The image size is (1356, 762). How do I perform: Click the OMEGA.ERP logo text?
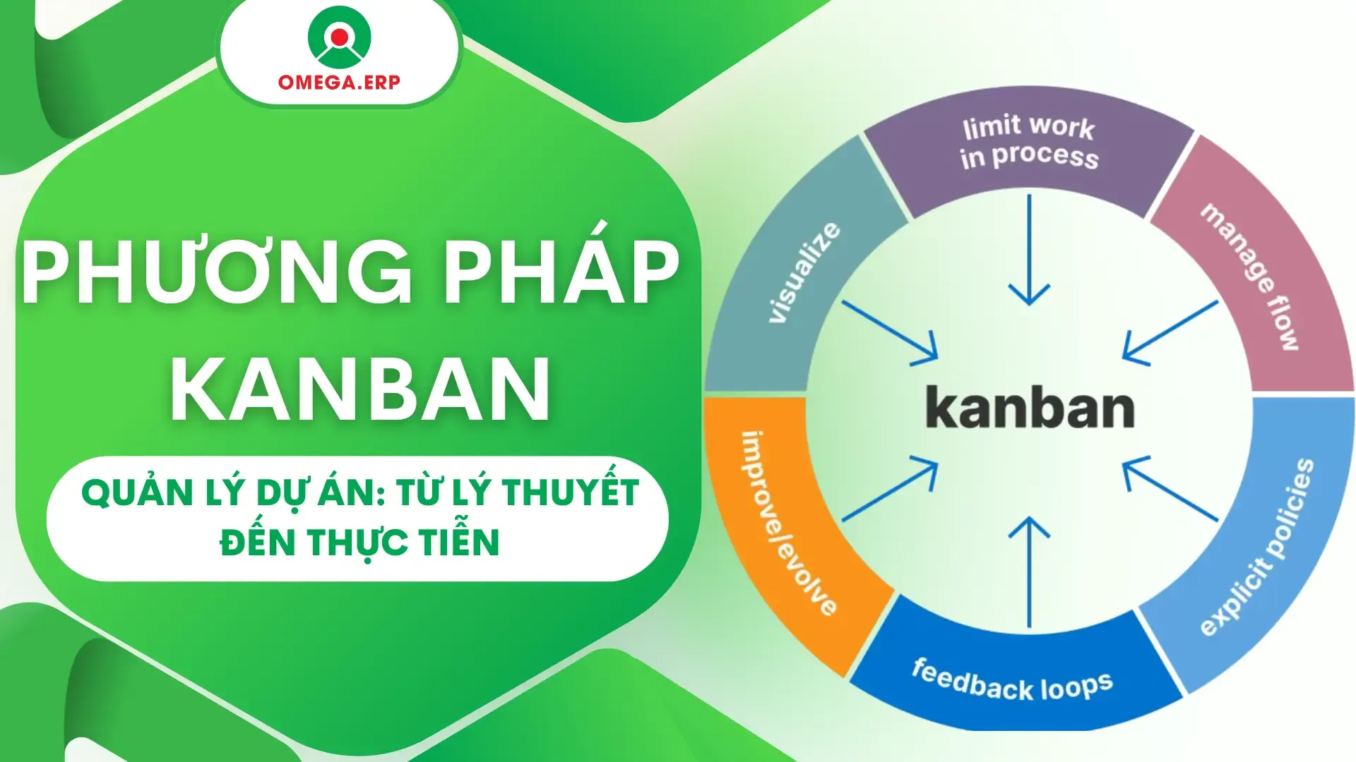coord(339,82)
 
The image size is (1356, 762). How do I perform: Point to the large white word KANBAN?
coord(360,388)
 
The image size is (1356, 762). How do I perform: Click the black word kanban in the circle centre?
coord(1029,409)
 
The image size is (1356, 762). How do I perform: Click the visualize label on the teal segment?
coord(805,273)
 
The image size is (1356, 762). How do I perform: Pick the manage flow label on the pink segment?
coord(1251,276)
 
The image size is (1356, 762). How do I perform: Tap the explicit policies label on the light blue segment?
coord(1257,547)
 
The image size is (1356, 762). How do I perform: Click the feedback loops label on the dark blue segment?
coord(1012,680)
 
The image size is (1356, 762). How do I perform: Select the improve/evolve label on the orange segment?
coord(787,522)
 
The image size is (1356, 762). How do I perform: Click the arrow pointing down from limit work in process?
coord(1029,250)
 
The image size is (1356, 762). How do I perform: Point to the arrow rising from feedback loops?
coord(1029,571)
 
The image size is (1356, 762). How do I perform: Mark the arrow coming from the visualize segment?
coord(890,331)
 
